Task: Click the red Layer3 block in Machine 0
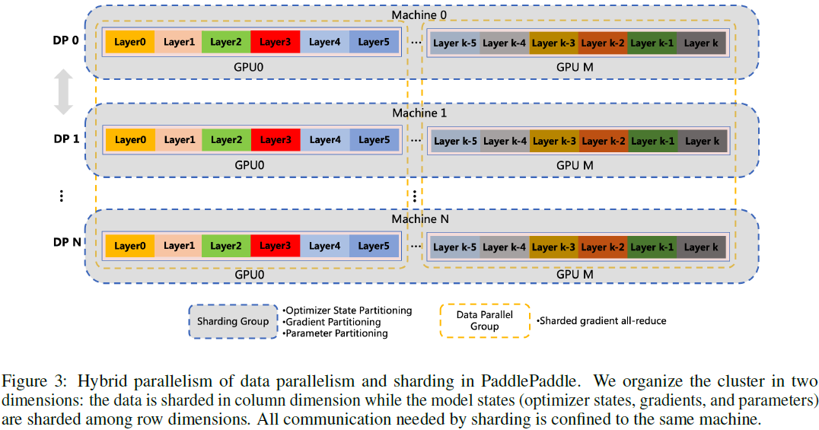click(275, 42)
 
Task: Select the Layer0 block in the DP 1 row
click(130, 140)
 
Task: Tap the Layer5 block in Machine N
click(374, 246)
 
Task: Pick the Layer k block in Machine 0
click(701, 43)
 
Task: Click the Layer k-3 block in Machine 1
click(553, 141)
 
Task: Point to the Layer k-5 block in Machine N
click(454, 247)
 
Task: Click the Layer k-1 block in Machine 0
click(652, 43)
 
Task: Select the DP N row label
click(66, 243)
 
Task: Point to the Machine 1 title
click(419, 113)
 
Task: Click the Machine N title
click(419, 219)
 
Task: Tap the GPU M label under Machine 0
click(575, 67)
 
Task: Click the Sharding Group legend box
click(233, 321)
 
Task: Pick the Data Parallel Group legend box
click(484, 320)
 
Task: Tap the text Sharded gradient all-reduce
click(602, 321)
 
